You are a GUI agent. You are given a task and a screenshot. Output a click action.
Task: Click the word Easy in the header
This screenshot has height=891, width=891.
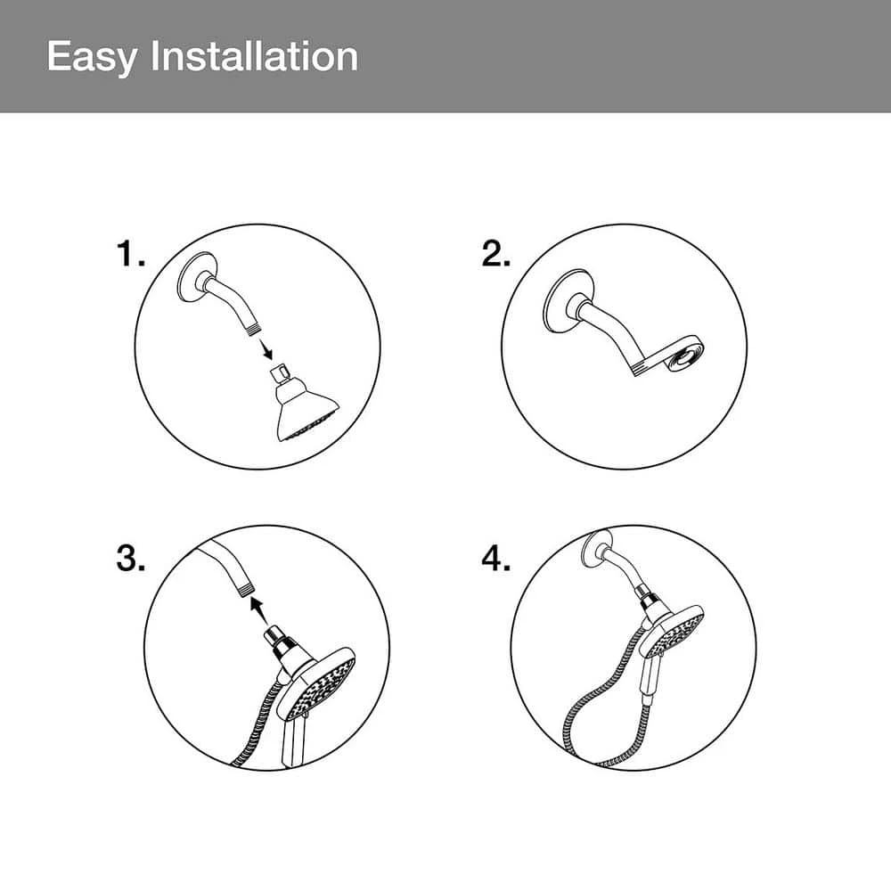point(92,57)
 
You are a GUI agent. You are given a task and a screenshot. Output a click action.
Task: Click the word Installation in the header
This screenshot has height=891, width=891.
point(254,56)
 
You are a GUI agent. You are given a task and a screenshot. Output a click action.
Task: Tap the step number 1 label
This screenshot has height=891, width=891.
point(130,254)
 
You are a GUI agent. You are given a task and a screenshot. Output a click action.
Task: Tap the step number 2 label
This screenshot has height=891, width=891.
point(495,254)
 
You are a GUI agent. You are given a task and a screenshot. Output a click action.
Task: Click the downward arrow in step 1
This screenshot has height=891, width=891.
point(265,349)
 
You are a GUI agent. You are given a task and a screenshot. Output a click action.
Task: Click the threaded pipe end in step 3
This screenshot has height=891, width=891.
point(245,589)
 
